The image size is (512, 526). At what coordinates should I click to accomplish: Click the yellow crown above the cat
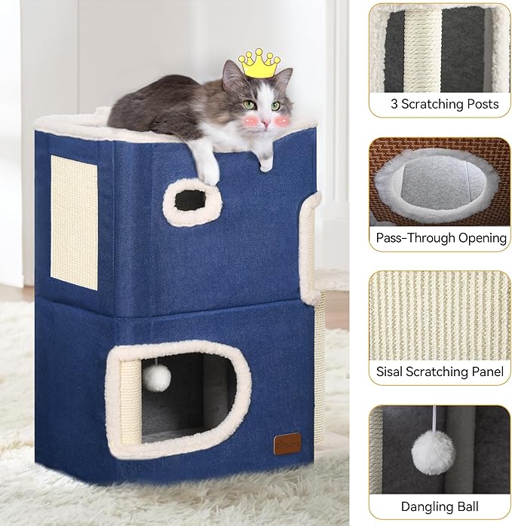[x=259, y=63]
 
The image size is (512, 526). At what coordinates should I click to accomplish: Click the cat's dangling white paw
[x=207, y=173]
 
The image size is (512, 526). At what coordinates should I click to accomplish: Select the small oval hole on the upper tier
[x=191, y=200]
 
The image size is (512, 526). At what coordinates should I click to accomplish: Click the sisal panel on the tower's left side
[x=74, y=222]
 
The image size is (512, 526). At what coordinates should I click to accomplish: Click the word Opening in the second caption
[x=482, y=237]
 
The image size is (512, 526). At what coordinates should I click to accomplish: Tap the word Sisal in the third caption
[x=391, y=371]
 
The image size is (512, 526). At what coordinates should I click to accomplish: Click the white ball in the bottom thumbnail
[x=433, y=451]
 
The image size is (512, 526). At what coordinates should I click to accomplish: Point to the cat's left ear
[x=231, y=72]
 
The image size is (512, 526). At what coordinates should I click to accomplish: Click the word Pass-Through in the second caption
[x=412, y=237]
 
